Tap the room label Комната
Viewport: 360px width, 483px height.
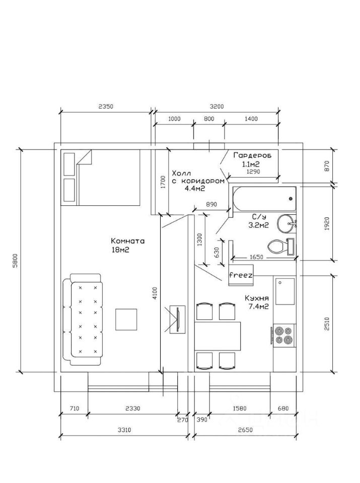(x=127, y=241)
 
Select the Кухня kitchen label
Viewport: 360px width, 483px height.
(x=257, y=298)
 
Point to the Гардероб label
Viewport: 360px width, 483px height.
(x=252, y=155)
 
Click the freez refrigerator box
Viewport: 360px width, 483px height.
(x=241, y=275)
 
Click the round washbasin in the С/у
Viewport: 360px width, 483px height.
(x=286, y=223)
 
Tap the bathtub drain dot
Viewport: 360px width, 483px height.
(x=291, y=199)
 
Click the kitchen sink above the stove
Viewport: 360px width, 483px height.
(x=285, y=291)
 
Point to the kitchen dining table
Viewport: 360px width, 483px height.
(x=218, y=336)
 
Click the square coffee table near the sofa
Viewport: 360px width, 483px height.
(x=126, y=320)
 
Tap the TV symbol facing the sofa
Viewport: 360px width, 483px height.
(x=178, y=319)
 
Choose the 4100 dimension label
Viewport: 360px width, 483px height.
(x=155, y=293)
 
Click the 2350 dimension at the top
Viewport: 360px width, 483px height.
(x=106, y=107)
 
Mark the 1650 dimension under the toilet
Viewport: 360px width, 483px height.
(x=256, y=257)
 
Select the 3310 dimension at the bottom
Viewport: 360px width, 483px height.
(x=124, y=430)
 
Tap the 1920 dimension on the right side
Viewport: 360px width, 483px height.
(x=327, y=223)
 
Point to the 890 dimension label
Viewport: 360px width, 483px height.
(x=211, y=204)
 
